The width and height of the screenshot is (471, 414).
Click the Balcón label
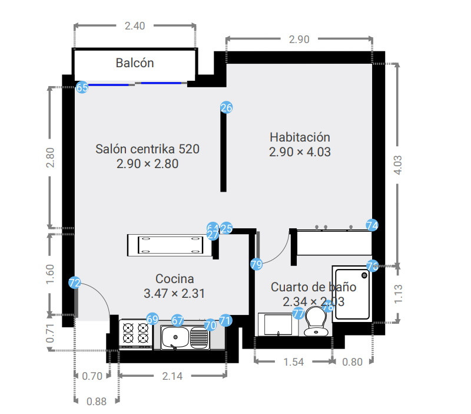135,63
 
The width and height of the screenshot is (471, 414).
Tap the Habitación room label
300,136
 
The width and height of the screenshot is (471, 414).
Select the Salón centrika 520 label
147,149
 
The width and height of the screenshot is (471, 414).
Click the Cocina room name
174,278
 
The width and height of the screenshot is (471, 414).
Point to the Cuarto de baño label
313,287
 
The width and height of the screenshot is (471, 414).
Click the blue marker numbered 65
82,87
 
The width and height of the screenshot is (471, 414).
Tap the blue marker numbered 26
227,107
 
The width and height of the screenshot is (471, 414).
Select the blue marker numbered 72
74,283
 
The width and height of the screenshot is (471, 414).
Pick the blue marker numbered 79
256,265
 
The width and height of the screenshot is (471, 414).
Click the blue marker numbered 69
152,319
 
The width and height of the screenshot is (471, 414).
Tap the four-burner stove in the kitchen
135,333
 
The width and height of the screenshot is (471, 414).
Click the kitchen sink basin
175,338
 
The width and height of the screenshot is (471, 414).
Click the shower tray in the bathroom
352,293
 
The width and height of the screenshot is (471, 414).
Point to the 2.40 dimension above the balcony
135,25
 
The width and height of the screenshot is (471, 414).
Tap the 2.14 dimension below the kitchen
172,376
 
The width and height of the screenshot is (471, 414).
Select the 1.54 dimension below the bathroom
293,362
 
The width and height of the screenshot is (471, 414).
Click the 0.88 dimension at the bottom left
97,402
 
